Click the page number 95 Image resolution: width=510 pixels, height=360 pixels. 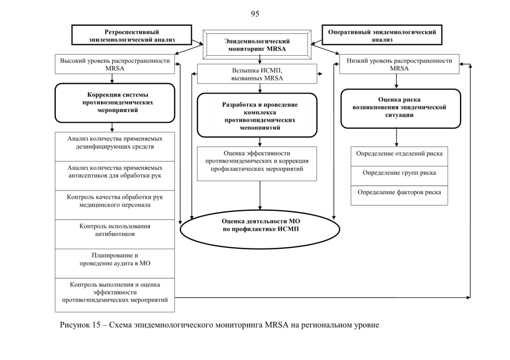[x=255, y=13]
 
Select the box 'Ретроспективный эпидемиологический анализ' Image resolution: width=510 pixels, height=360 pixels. [x=132, y=35]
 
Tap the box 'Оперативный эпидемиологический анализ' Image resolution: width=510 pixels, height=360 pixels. [x=382, y=35]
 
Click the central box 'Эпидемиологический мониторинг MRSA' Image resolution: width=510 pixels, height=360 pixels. [x=257, y=45]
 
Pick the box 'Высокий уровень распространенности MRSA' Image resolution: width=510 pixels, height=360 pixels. [x=115, y=64]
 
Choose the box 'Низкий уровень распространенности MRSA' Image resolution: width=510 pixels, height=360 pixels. [x=399, y=64]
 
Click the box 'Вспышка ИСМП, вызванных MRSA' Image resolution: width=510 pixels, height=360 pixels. [x=257, y=74]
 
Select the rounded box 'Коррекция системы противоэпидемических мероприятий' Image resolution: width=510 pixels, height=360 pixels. [x=115, y=102]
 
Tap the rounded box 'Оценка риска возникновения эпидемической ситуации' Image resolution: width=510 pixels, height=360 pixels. [x=400, y=108]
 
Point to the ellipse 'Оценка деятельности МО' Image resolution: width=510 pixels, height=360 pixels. [x=260, y=229]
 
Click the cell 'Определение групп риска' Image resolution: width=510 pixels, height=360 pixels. [x=399, y=176]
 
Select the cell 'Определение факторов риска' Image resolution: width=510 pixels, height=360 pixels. [x=399, y=195]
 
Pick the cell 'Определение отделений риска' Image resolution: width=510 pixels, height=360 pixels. [x=399, y=156]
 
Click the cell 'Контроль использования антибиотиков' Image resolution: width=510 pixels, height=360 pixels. [x=115, y=234]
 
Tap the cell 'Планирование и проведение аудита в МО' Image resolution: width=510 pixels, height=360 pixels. [x=115, y=263]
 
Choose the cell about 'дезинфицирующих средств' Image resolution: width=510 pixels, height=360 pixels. [x=115, y=146]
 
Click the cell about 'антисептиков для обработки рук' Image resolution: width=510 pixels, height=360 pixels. [x=115, y=176]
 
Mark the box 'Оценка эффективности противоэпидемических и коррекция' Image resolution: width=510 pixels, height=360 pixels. [x=257, y=164]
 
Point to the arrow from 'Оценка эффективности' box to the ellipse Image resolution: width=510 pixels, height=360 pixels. [x=260, y=195]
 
